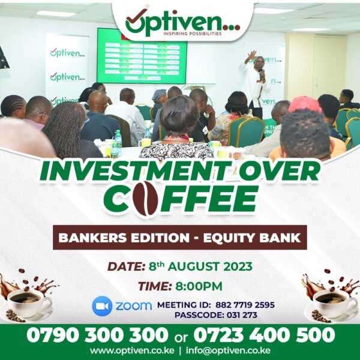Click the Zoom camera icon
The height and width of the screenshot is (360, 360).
click(102, 306)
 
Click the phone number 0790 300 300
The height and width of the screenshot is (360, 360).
click(97, 335)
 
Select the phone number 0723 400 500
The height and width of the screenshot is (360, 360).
click(264, 335)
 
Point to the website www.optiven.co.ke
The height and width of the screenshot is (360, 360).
click(132, 351)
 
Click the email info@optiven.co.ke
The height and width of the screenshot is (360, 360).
click(228, 351)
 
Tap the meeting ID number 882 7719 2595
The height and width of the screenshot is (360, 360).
click(245, 305)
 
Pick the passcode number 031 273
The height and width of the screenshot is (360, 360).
click(242, 315)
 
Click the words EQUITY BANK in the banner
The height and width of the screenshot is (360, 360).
click(252, 238)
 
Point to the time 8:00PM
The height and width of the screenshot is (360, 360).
click(199, 286)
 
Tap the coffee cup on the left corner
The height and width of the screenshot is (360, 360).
click(29, 302)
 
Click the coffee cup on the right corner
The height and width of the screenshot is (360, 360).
click(335, 302)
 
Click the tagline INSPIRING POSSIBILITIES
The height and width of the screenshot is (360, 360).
click(193, 34)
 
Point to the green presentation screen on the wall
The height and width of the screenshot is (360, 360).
click(142, 56)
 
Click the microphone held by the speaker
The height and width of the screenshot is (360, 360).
click(260, 73)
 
